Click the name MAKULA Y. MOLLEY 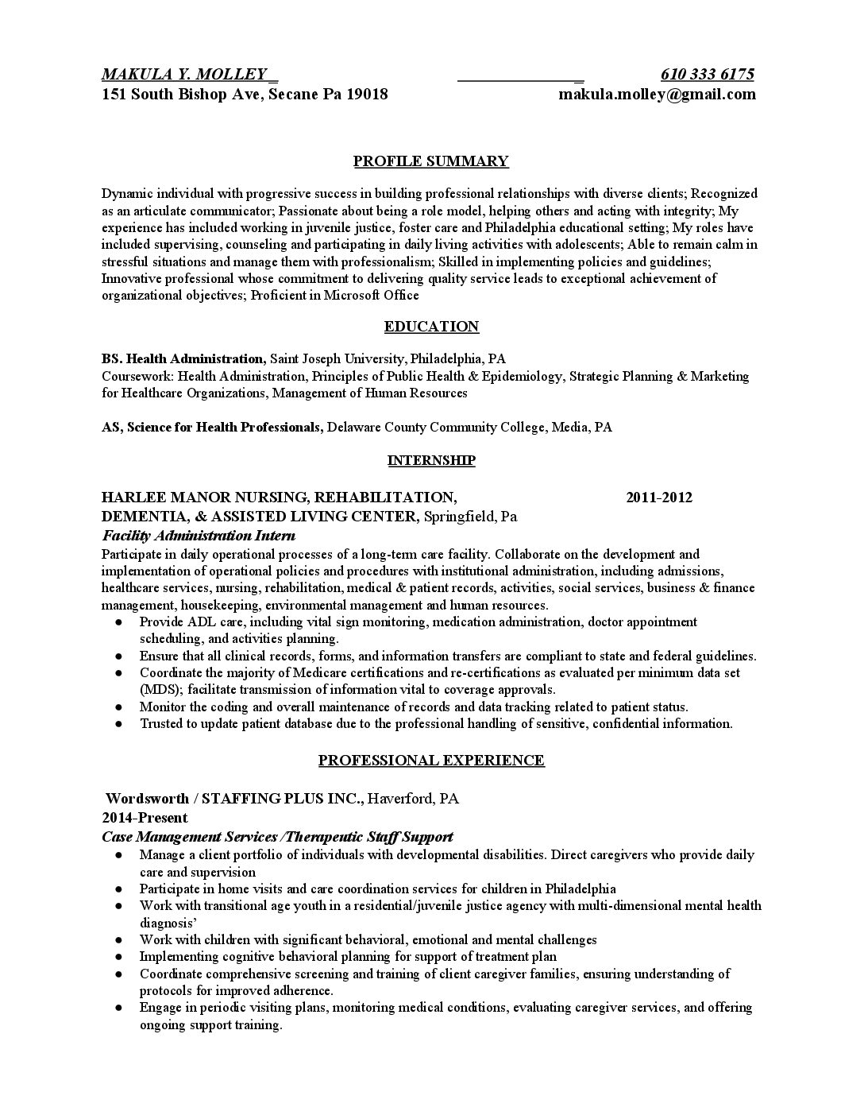pyautogui.click(x=183, y=75)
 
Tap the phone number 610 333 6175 pyautogui.click(x=707, y=75)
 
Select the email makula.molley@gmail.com pyautogui.click(x=657, y=95)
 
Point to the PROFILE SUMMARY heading pyautogui.click(x=430, y=161)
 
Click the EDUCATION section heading pyautogui.click(x=431, y=327)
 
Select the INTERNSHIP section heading pyautogui.click(x=431, y=460)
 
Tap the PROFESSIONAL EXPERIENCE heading pyautogui.click(x=431, y=761)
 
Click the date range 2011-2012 pyautogui.click(x=658, y=498)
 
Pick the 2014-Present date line pyautogui.click(x=145, y=818)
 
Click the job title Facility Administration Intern pyautogui.click(x=199, y=536)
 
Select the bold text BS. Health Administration pyautogui.click(x=183, y=358)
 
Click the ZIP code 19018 pyautogui.click(x=368, y=95)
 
